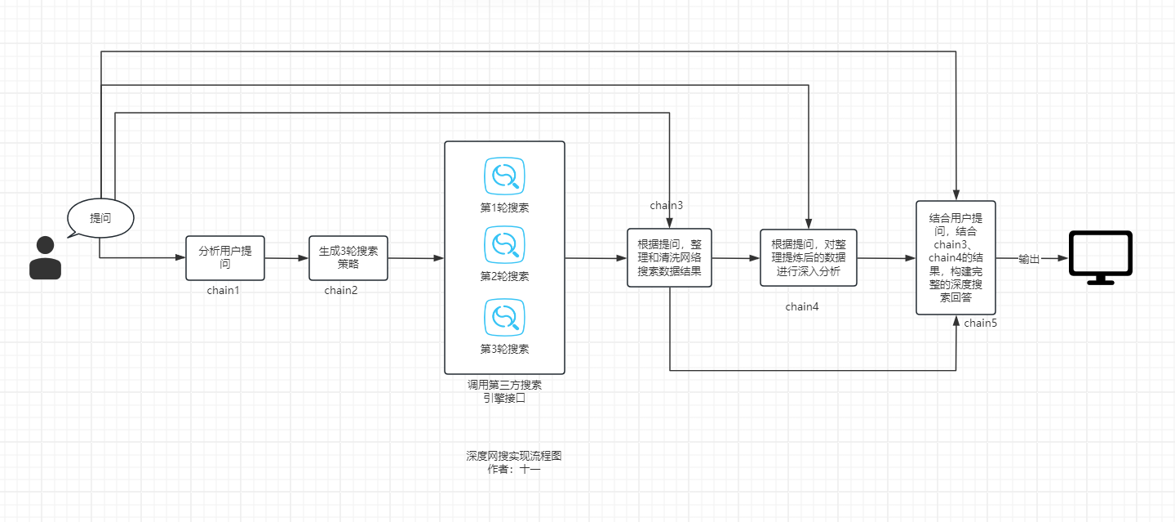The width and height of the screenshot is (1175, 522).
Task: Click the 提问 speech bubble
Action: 100,219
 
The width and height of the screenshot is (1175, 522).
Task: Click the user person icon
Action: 46,257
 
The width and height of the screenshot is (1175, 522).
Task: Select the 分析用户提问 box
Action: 226,257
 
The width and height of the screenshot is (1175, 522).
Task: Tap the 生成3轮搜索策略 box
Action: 348,257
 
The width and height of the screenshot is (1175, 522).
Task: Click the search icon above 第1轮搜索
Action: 504,176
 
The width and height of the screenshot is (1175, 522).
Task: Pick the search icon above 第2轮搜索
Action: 504,245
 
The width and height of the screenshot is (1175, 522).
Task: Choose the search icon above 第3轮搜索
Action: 504,317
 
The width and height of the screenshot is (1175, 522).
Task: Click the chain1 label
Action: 224,290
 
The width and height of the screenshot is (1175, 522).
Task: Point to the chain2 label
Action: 341,290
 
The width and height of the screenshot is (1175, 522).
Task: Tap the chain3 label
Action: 666,205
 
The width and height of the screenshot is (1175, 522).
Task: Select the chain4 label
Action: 802,307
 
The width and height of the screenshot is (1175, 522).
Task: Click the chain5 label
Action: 980,323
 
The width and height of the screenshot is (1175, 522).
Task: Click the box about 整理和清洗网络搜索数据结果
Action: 669,257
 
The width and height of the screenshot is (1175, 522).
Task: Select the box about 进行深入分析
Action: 809,257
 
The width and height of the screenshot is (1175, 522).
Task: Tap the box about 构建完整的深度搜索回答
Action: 956,257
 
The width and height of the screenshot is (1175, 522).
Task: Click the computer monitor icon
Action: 1100,257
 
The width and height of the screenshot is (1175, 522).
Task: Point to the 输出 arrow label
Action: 1029,259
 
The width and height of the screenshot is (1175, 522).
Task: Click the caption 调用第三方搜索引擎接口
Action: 504,392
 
